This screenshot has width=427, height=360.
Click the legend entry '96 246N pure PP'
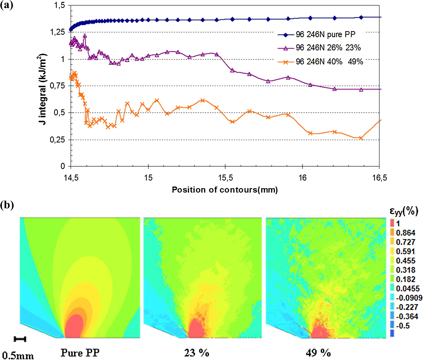pyautogui.click(x=317, y=35)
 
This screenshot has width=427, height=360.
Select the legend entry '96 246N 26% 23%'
pyautogui.click(x=319, y=48)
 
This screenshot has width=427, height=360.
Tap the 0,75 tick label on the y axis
pyautogui.click(x=58, y=86)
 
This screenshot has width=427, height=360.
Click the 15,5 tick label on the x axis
pyautogui.click(x=225, y=178)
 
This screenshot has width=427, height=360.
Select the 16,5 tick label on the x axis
pyautogui.click(x=380, y=178)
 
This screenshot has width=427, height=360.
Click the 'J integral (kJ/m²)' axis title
pyautogui.click(x=42, y=89)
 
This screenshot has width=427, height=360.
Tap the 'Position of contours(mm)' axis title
pyautogui.click(x=225, y=190)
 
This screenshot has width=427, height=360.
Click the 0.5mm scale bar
pyautogui.click(x=20, y=339)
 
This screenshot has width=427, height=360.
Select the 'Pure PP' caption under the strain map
pyautogui.click(x=80, y=353)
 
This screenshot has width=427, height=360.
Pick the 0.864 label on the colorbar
pyautogui.click(x=406, y=233)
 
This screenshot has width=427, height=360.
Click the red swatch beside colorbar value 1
pyautogui.click(x=392, y=223)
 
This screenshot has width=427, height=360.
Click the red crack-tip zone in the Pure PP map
pyautogui.click(x=74, y=327)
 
